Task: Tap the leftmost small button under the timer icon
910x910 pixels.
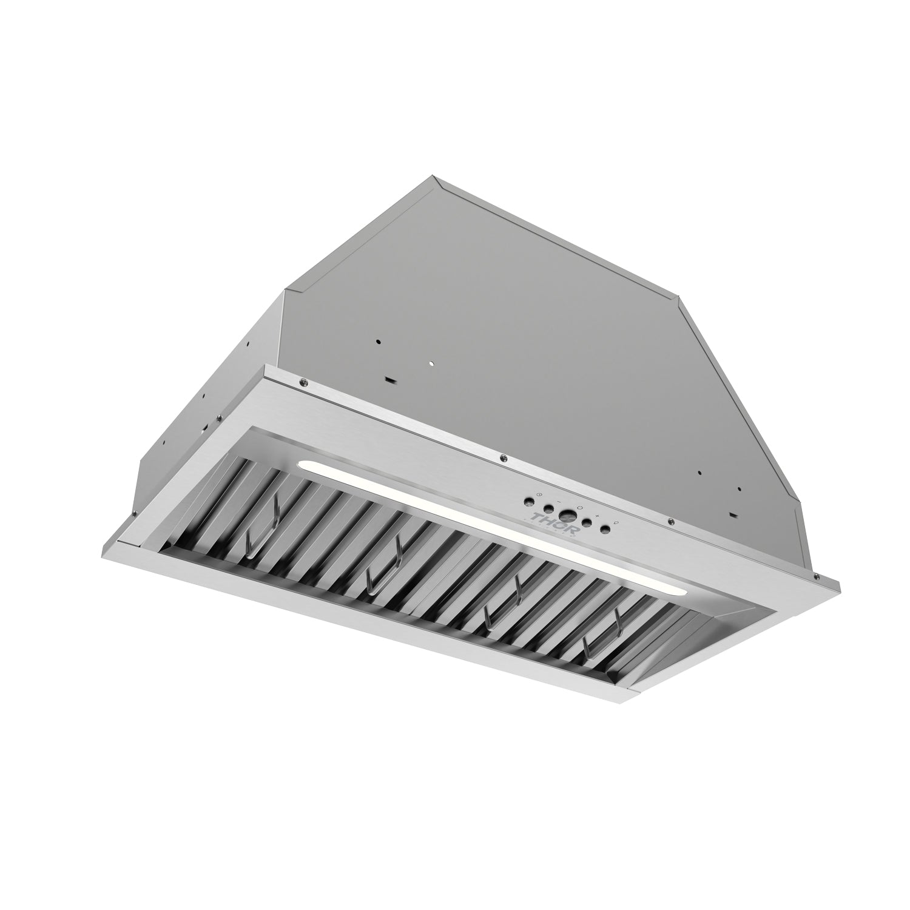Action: (529, 501)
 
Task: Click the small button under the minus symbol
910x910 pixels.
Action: (547, 508)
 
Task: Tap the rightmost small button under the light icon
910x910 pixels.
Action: (605, 528)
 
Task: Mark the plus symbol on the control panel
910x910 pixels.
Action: (598, 515)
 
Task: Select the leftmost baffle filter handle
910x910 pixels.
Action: (261, 522)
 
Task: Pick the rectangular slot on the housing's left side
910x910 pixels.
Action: (388, 380)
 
